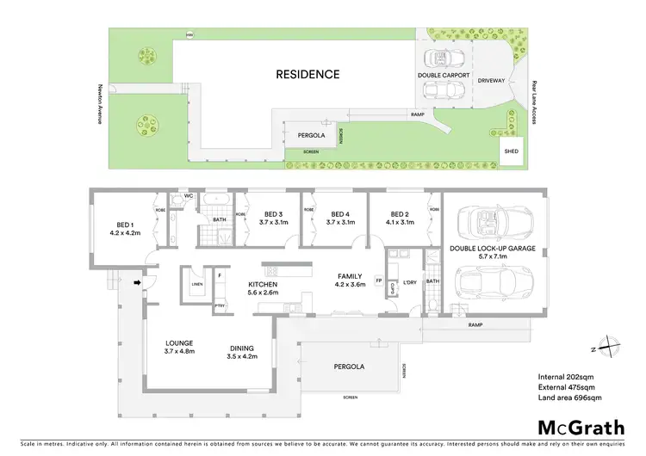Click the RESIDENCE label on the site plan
click(x=307, y=74)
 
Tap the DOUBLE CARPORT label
click(x=444, y=76)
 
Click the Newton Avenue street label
click(x=100, y=103)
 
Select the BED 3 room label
click(x=274, y=219)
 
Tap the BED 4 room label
click(x=337, y=219)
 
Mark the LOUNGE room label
click(x=180, y=347)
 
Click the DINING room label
click(x=242, y=352)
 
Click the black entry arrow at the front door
click(x=138, y=280)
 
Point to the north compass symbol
click(x=610, y=345)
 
